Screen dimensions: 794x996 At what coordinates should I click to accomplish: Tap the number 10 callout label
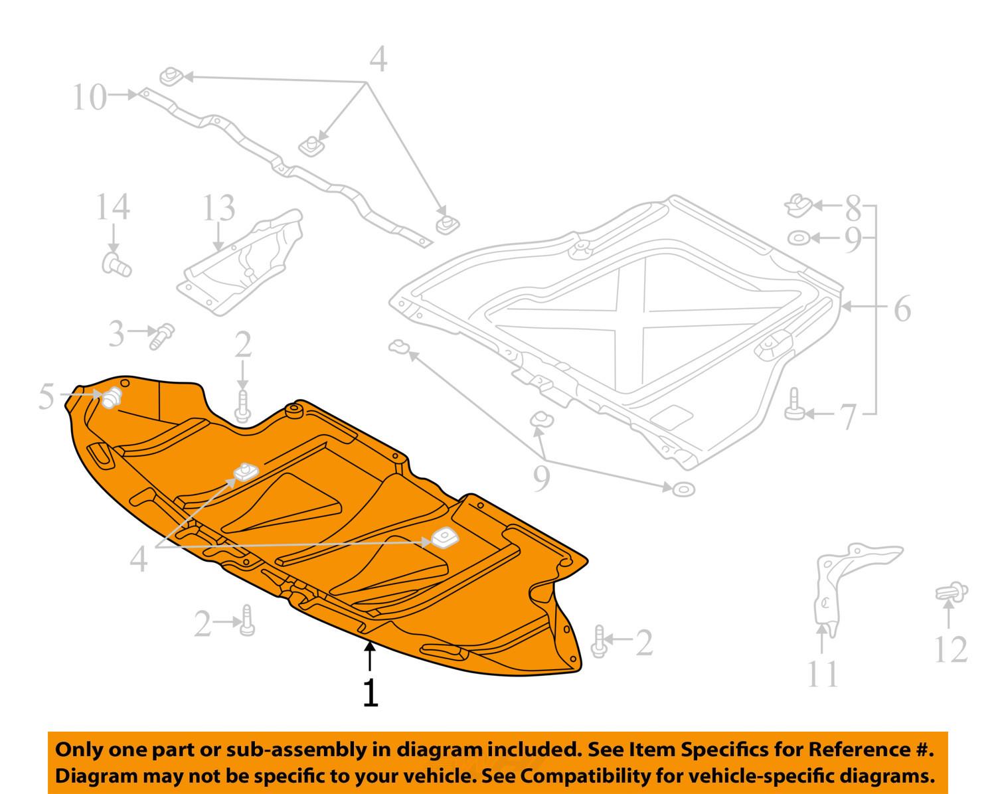89,98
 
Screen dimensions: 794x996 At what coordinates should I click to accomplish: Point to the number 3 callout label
116,334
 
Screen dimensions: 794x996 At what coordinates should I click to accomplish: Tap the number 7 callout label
852,208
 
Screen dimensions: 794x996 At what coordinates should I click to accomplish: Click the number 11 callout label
823,673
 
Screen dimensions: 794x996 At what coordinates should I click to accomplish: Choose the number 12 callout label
951,649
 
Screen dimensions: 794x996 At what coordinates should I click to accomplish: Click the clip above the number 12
951,592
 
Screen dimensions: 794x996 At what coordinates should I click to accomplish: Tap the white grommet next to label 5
112,397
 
